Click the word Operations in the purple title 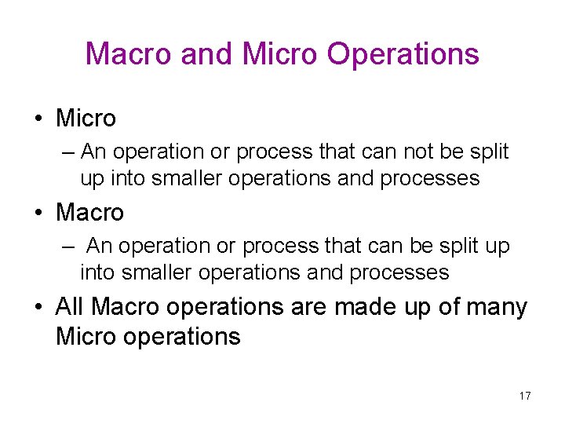(403, 54)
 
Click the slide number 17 (525, 396)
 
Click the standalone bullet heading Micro (86, 119)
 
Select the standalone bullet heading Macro (89, 212)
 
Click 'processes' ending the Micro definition (429, 178)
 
